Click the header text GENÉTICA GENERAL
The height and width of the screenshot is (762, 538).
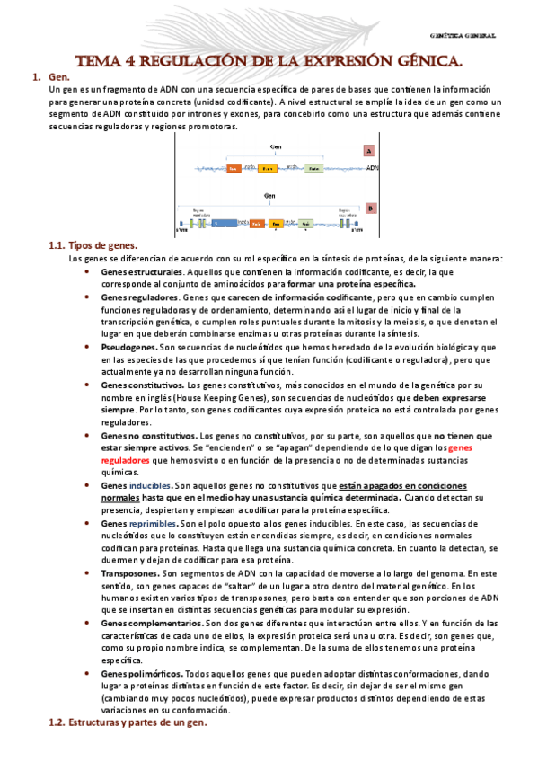[x=463, y=37]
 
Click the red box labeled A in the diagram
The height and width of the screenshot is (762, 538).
[x=369, y=152]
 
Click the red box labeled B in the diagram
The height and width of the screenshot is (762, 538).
[x=369, y=208]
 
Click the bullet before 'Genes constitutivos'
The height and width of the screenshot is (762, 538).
[x=87, y=384]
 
